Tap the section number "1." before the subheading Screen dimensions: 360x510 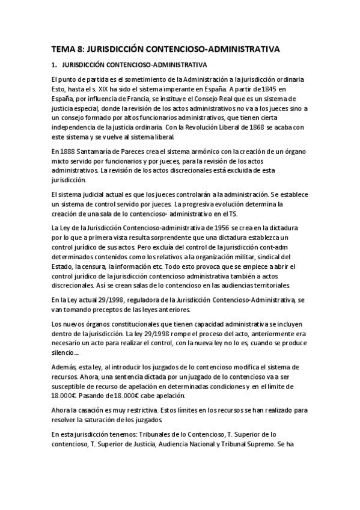[53, 64]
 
